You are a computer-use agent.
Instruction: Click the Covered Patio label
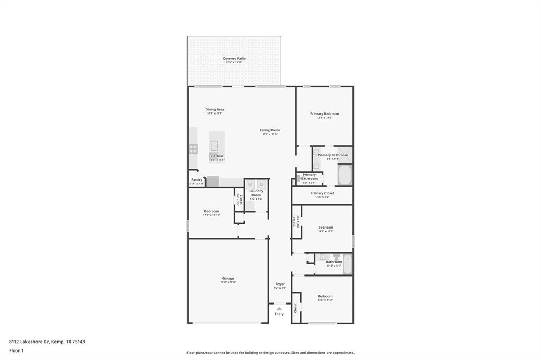[234, 59]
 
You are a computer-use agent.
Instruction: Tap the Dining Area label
[214, 110]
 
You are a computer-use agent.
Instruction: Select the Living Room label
[269, 130]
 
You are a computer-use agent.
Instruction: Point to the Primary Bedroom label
[324, 114]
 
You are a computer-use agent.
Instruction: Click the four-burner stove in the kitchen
[193, 149]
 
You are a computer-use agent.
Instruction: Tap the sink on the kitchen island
[215, 146]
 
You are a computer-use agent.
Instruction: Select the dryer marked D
[262, 184]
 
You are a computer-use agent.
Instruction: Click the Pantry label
[197, 179]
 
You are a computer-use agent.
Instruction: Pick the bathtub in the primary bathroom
[344, 175]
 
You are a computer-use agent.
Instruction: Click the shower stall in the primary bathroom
[344, 155]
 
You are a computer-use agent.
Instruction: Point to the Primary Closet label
[322, 193]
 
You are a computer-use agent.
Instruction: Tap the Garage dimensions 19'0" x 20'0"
[228, 282]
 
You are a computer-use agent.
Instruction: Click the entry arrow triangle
[279, 308]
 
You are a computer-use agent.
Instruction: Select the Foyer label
[279, 284]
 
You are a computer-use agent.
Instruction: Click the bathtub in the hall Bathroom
[347, 264]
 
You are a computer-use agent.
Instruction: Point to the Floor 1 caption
[16, 350]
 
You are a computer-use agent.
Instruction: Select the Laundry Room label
[256, 193]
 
